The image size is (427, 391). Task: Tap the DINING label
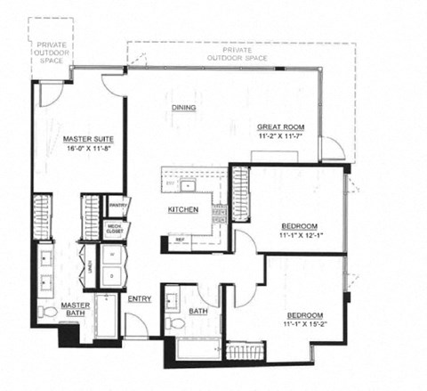point(184,109)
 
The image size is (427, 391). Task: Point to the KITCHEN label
point(183,210)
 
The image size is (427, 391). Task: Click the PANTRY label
point(118,206)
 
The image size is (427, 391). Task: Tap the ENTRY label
point(140,298)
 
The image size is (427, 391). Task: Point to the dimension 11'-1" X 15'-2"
point(304,325)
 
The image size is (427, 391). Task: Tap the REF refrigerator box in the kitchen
point(180,240)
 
